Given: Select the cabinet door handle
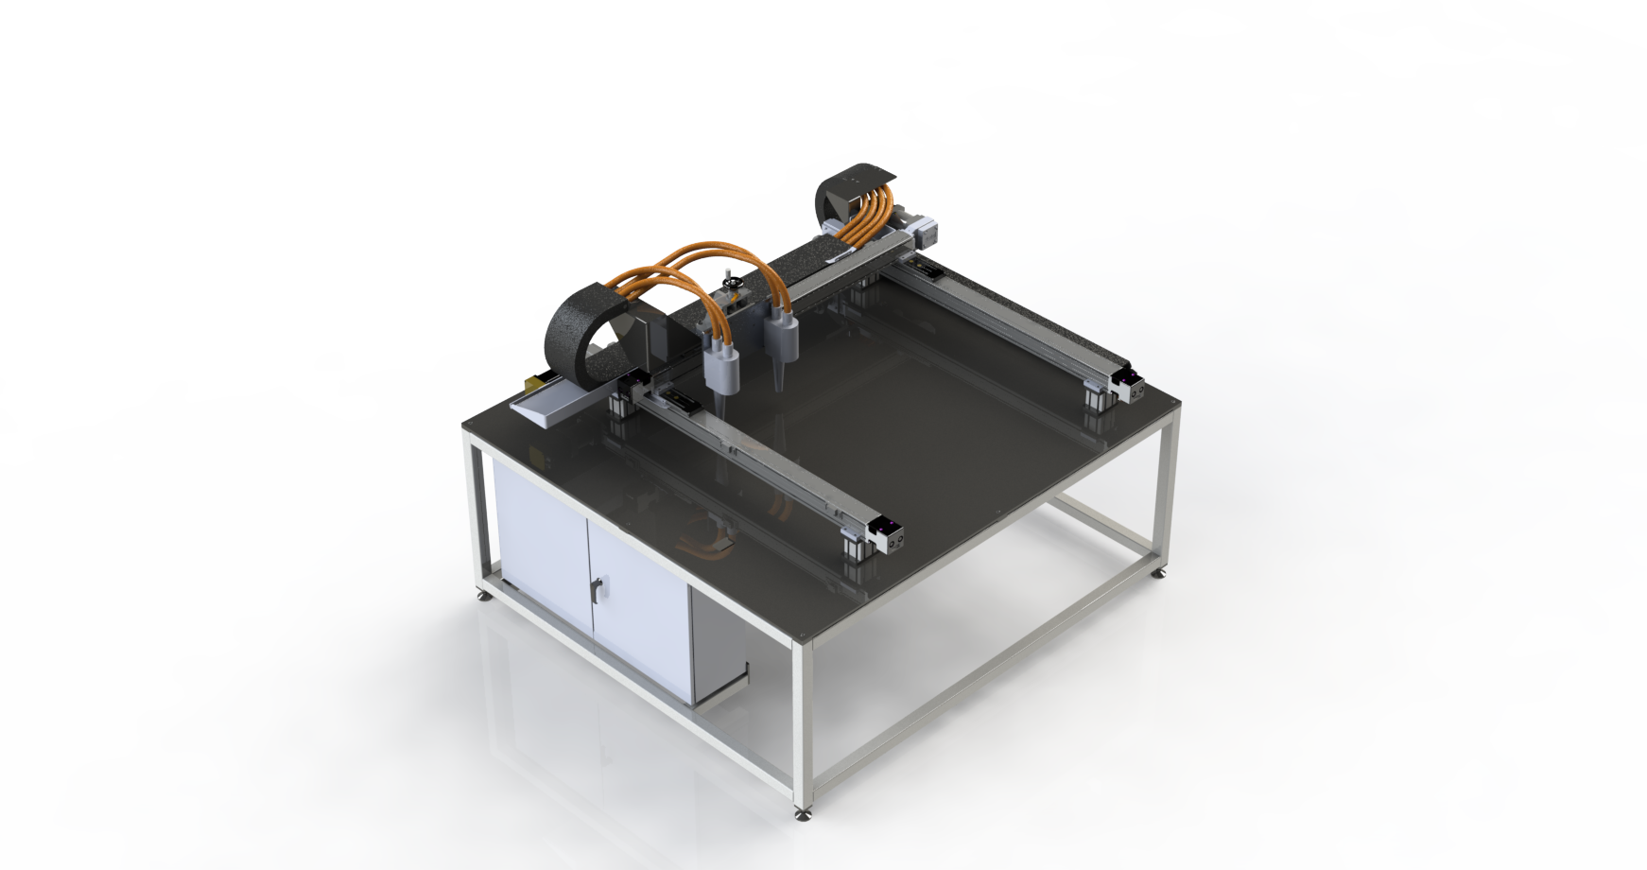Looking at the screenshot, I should click(594, 590).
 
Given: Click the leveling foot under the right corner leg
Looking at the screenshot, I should click(1160, 571).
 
